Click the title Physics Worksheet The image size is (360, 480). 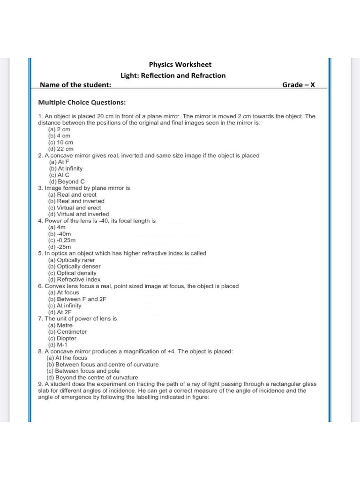click(x=180, y=65)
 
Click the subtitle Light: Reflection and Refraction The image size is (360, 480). click(x=173, y=75)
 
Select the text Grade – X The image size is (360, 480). click(x=299, y=85)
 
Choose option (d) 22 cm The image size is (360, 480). click(x=61, y=149)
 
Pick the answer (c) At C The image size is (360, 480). click(x=59, y=175)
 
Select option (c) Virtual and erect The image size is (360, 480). click(x=75, y=208)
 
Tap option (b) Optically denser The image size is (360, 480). click(x=75, y=266)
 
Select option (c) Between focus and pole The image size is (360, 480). click(x=83, y=371)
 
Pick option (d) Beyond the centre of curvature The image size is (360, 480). click(x=92, y=377)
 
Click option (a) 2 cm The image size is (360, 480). click(x=59, y=129)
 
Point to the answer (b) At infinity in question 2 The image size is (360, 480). click(x=66, y=168)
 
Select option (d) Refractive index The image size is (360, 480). click(x=74, y=279)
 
